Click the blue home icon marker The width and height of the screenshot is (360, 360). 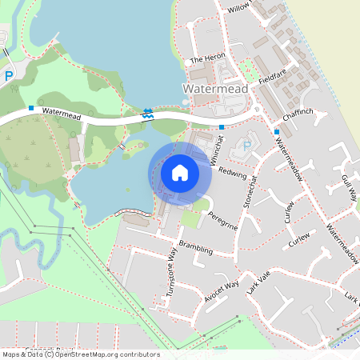click(180, 173)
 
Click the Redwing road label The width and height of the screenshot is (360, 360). click(233, 173)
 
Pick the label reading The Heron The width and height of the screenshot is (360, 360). click(210, 60)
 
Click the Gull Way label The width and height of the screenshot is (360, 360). click(349, 187)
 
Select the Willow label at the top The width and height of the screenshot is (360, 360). click(239, 7)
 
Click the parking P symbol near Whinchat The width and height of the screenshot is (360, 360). click(246, 146)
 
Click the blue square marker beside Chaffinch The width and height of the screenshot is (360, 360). click(277, 131)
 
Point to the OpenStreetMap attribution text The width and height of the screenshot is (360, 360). click(81, 354)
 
